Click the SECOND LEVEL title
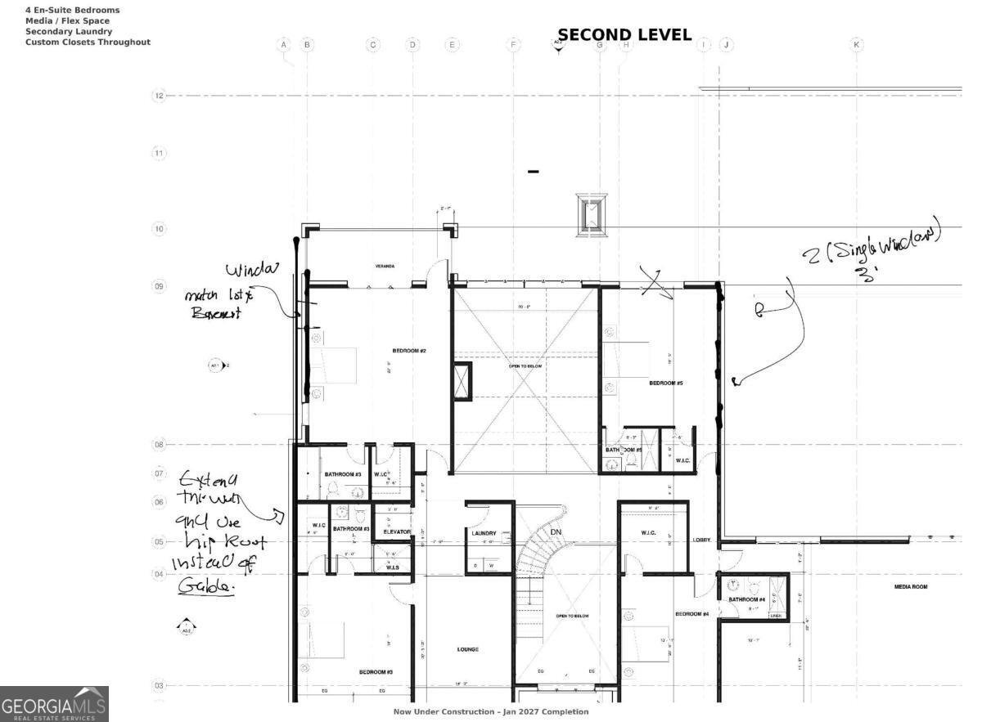624,35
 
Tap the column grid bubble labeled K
856,45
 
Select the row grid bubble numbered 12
160,96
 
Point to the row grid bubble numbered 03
160,685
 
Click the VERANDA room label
385,267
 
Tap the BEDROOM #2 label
409,351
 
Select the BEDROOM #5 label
666,383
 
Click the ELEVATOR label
397,532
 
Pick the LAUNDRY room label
484,533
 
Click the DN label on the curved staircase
556,532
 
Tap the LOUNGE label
468,650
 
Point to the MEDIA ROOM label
911,586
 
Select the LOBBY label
702,540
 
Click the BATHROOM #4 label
746,599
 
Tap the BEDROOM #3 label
376,672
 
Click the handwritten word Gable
205,586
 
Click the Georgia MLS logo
54,704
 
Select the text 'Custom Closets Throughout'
88,43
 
